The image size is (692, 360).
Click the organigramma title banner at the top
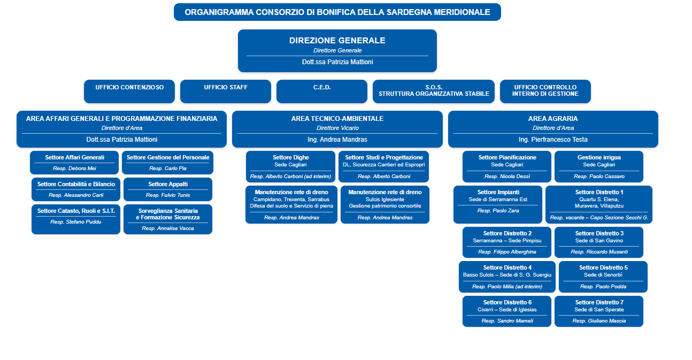tap(337, 12)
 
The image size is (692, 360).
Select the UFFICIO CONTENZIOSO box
tap(129, 91)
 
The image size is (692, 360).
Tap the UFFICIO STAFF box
tap(226, 91)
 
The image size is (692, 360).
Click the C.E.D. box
tap(322, 91)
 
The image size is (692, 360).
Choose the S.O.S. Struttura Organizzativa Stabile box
tap(434, 91)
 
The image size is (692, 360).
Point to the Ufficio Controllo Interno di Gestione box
tap(545, 91)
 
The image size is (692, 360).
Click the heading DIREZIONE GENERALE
tap(337, 41)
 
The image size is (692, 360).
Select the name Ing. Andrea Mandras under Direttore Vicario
tap(337, 140)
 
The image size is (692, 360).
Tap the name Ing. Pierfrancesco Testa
tap(553, 140)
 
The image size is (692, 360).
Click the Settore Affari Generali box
tap(74, 163)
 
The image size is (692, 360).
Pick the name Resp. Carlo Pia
tap(168, 168)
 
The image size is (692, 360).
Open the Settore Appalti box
tap(168, 189)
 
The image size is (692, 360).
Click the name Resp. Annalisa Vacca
tap(168, 228)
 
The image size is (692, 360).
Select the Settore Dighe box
tap(291, 167)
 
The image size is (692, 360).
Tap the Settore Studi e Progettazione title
tap(384, 157)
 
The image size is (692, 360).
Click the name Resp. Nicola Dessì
tap(507, 177)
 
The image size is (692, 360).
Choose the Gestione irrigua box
tap(599, 167)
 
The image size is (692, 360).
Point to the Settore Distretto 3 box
tap(599, 242)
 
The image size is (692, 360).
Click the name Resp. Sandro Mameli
tap(507, 321)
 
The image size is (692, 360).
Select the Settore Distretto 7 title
tap(599, 302)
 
